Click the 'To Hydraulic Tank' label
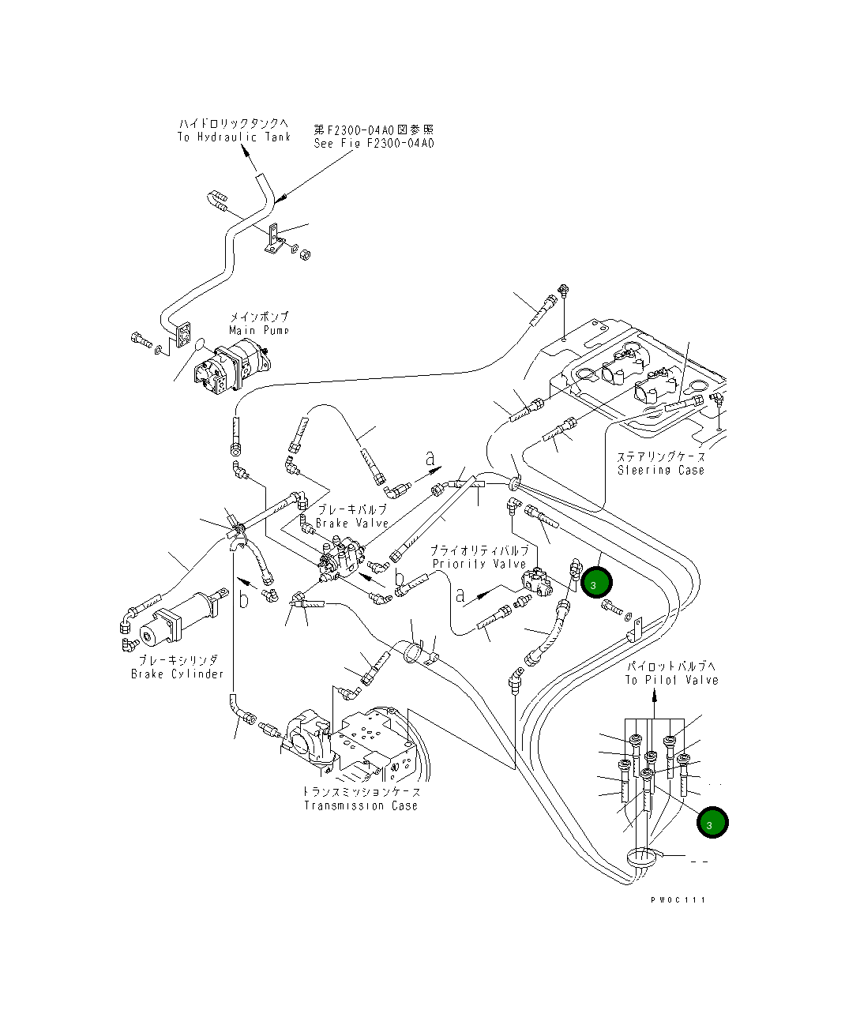(x=234, y=137)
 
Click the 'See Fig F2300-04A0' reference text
(x=374, y=144)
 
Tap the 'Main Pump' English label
(x=259, y=330)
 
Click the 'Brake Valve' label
(x=352, y=523)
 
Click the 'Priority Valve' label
(x=479, y=564)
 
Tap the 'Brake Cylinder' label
(x=178, y=674)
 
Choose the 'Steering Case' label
(x=660, y=470)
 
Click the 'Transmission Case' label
(x=361, y=805)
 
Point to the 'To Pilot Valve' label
(x=671, y=680)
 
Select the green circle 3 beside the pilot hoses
(x=712, y=823)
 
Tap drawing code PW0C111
(x=678, y=899)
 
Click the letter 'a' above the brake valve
(x=430, y=457)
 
